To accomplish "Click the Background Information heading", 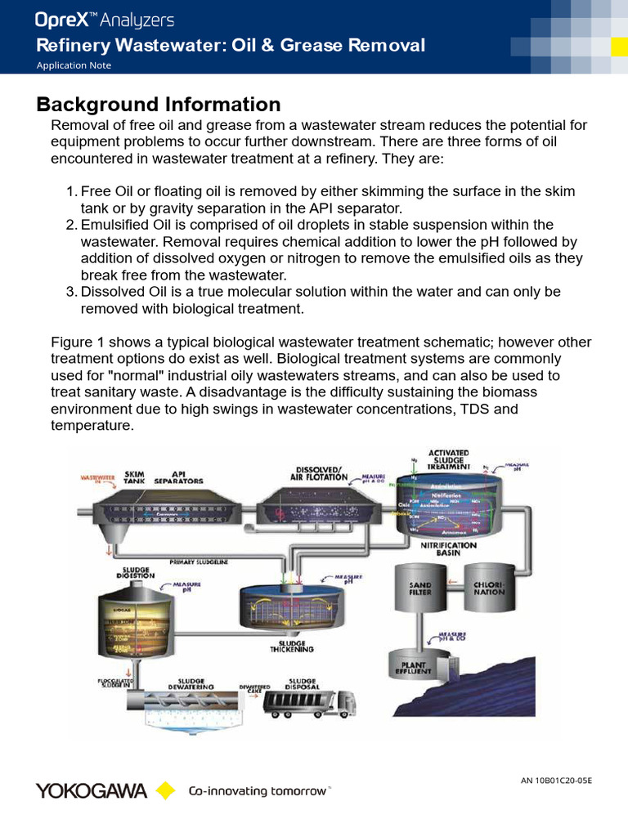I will click(x=159, y=105).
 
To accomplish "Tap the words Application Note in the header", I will click(x=74, y=65).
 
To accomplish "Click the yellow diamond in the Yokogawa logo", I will click(x=166, y=790).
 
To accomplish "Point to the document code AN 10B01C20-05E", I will click(x=556, y=781).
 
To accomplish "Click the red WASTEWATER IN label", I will click(x=96, y=479).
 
